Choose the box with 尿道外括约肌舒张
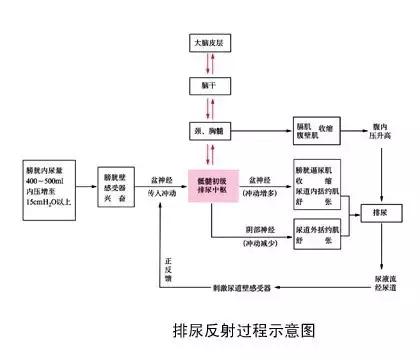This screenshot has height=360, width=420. [x=321, y=237]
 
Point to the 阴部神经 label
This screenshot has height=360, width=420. [x=259, y=227]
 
